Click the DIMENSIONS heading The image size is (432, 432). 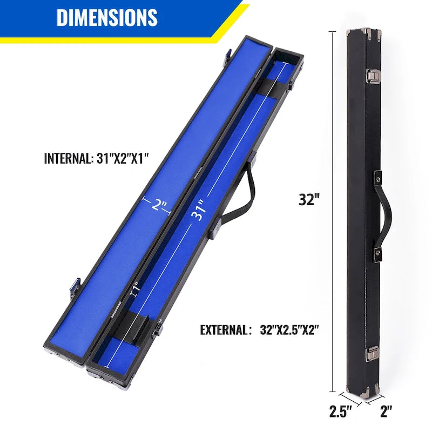107,17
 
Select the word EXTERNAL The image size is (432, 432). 222,330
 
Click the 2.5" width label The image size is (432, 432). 340,411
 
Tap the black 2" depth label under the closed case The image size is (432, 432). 385,411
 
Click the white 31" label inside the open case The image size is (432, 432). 199,212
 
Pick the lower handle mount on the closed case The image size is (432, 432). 379,252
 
